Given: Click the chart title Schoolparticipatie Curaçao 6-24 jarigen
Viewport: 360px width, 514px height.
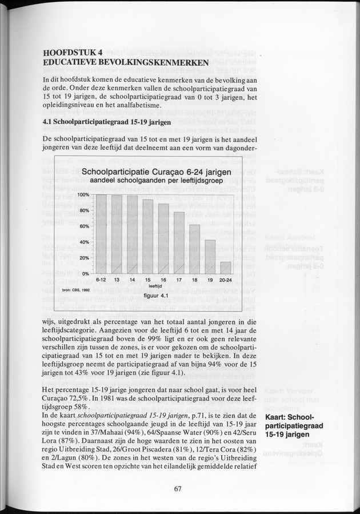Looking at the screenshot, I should [156, 172].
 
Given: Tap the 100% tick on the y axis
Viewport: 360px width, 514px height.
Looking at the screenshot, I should [83, 195].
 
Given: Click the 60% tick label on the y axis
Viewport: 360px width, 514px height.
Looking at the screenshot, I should [84, 226].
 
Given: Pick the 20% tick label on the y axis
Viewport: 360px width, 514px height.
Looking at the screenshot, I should [84, 258].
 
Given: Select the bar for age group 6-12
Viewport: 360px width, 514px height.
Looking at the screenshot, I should [101, 234].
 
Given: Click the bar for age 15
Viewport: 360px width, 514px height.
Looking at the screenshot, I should [147, 237].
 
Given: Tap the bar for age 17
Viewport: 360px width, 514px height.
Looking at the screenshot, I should [179, 243].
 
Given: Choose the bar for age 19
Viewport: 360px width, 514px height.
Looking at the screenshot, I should [210, 257].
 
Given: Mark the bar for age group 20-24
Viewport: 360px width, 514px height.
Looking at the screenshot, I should [226, 268].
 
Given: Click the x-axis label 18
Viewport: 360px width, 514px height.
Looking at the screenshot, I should [194, 280].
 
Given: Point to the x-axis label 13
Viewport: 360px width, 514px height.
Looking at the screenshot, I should [117, 280].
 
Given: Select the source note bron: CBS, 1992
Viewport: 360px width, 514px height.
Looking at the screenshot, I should [76, 290].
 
